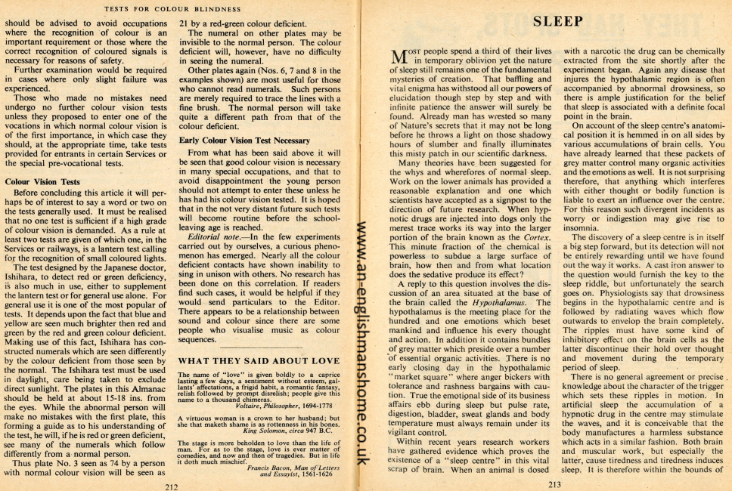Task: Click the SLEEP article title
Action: (x=557, y=20)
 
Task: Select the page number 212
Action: (x=172, y=486)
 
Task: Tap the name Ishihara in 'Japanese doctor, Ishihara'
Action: (x=26, y=288)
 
